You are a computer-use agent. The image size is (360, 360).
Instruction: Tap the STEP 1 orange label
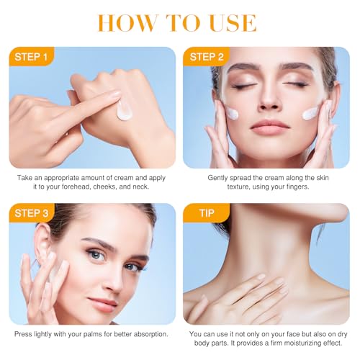(31, 57)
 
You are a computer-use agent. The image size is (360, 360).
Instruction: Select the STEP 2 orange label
(207, 57)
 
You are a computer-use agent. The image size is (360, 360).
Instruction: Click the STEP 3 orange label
(31, 213)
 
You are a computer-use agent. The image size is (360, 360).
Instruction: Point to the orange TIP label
(207, 213)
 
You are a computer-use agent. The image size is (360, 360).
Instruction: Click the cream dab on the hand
(124, 111)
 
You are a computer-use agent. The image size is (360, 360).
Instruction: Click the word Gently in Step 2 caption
(217, 178)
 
